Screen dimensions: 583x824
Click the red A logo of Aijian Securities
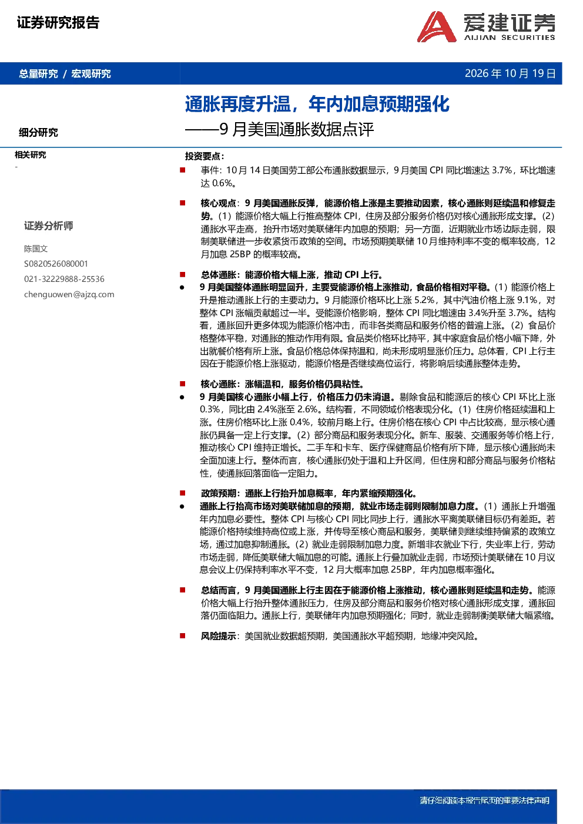(x=437, y=26)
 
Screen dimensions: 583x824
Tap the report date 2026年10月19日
(x=510, y=73)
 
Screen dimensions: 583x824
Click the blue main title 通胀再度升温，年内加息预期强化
(x=317, y=104)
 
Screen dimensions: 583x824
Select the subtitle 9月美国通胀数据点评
(x=297, y=129)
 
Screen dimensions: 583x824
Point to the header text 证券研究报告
(x=58, y=22)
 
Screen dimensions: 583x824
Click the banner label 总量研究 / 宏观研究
(x=65, y=73)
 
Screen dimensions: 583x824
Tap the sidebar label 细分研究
(x=39, y=132)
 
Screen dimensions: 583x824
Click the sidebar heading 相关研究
(x=31, y=155)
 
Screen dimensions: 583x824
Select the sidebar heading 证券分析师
(x=49, y=226)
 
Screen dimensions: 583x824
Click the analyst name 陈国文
(x=36, y=248)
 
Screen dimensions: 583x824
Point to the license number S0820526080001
(x=56, y=264)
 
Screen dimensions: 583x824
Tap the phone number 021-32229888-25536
(x=65, y=279)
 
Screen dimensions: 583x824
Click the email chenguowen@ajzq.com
(x=69, y=294)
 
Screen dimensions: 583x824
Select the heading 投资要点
(x=205, y=156)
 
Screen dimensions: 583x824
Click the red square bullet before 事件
(x=183, y=170)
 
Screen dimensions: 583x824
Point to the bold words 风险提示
(x=218, y=636)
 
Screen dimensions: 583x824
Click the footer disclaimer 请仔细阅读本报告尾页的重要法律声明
(x=485, y=801)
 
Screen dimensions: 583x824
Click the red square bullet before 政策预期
(x=183, y=493)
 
